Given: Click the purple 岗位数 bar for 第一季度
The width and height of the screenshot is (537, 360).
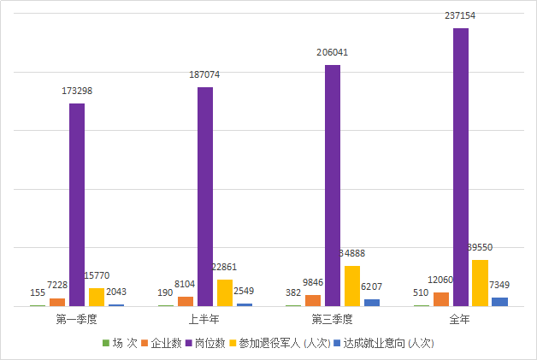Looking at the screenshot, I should pos(77,205).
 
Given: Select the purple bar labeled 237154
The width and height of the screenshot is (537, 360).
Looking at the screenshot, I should pos(461,167).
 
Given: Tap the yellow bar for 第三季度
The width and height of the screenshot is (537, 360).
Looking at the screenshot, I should pos(352,286).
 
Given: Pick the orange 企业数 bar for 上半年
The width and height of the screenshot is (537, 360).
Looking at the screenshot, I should pos(186,301).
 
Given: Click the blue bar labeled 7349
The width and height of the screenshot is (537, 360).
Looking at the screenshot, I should pos(500,301).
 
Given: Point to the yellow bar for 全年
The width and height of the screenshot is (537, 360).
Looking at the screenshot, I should pos(481,282).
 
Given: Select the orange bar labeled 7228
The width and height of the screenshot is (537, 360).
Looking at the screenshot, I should pos(57,302).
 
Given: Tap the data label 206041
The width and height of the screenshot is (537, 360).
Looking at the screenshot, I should pos(333,51).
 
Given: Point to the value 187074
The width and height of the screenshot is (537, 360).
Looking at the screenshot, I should pos(205,74).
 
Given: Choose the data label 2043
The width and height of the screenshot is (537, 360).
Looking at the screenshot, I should pos(116,292).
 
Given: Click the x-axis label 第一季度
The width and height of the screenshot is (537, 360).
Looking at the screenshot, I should pos(77,320).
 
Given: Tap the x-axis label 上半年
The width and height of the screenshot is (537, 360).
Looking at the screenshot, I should pos(205,320).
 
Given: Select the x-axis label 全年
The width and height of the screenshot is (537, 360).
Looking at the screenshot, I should pos(461,320).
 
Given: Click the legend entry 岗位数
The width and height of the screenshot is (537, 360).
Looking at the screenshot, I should pos(209,344).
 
